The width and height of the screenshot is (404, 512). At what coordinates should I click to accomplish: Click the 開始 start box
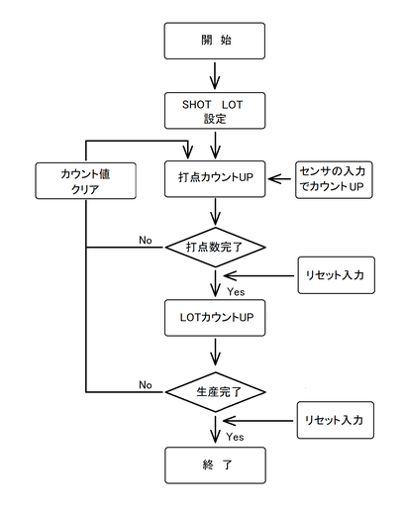point(215,41)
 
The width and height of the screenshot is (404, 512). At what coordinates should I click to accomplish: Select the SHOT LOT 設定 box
point(215,111)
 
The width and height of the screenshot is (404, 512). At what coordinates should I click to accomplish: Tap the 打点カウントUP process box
point(215,179)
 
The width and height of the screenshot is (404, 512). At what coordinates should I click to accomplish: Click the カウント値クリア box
point(86,180)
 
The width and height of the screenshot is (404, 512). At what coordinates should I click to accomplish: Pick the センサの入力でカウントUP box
point(334,180)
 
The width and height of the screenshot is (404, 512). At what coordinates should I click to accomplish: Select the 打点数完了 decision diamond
point(215,247)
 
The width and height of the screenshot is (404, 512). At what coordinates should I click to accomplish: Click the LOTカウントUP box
point(215,318)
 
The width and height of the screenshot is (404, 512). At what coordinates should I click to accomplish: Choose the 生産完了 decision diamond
point(215,392)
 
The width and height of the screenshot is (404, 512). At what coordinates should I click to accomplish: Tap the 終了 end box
point(215,465)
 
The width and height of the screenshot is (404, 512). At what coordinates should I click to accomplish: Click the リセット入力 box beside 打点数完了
point(337,275)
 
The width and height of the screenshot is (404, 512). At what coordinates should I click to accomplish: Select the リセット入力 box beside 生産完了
point(336,420)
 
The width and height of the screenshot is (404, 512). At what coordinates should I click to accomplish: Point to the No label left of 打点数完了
point(146,240)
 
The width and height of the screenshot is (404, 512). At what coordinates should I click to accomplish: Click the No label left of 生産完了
point(146,385)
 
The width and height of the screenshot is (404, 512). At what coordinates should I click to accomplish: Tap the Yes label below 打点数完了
point(236,292)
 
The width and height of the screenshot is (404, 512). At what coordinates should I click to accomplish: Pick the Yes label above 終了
point(235,437)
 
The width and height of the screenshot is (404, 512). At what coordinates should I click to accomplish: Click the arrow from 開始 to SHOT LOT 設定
point(215,75)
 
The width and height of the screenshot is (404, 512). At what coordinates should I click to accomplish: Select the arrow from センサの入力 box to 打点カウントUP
point(280,179)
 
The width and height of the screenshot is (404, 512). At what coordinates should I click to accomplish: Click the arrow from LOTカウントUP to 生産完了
point(215,352)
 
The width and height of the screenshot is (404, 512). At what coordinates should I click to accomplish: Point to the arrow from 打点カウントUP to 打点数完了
point(215,212)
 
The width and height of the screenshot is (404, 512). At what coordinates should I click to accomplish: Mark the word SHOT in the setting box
point(196,105)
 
